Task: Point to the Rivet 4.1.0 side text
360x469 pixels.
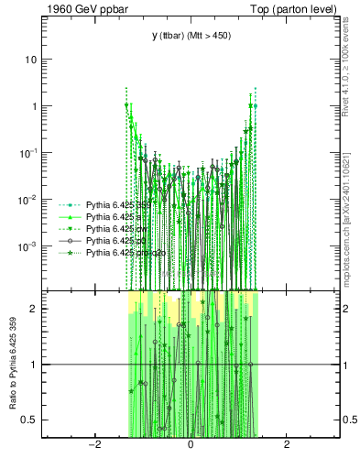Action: point(351,64)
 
